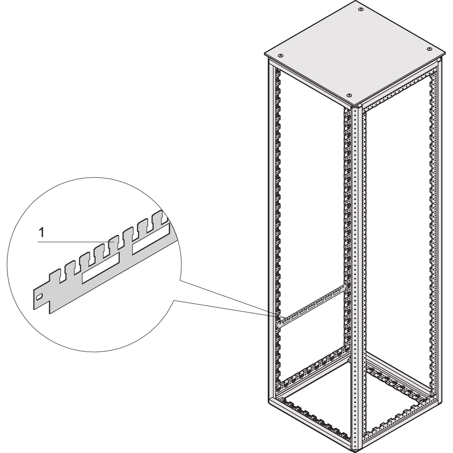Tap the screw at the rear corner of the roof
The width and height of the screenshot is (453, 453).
[361, 9]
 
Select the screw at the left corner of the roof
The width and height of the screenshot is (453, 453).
[281, 54]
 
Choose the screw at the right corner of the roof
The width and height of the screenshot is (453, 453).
[429, 49]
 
